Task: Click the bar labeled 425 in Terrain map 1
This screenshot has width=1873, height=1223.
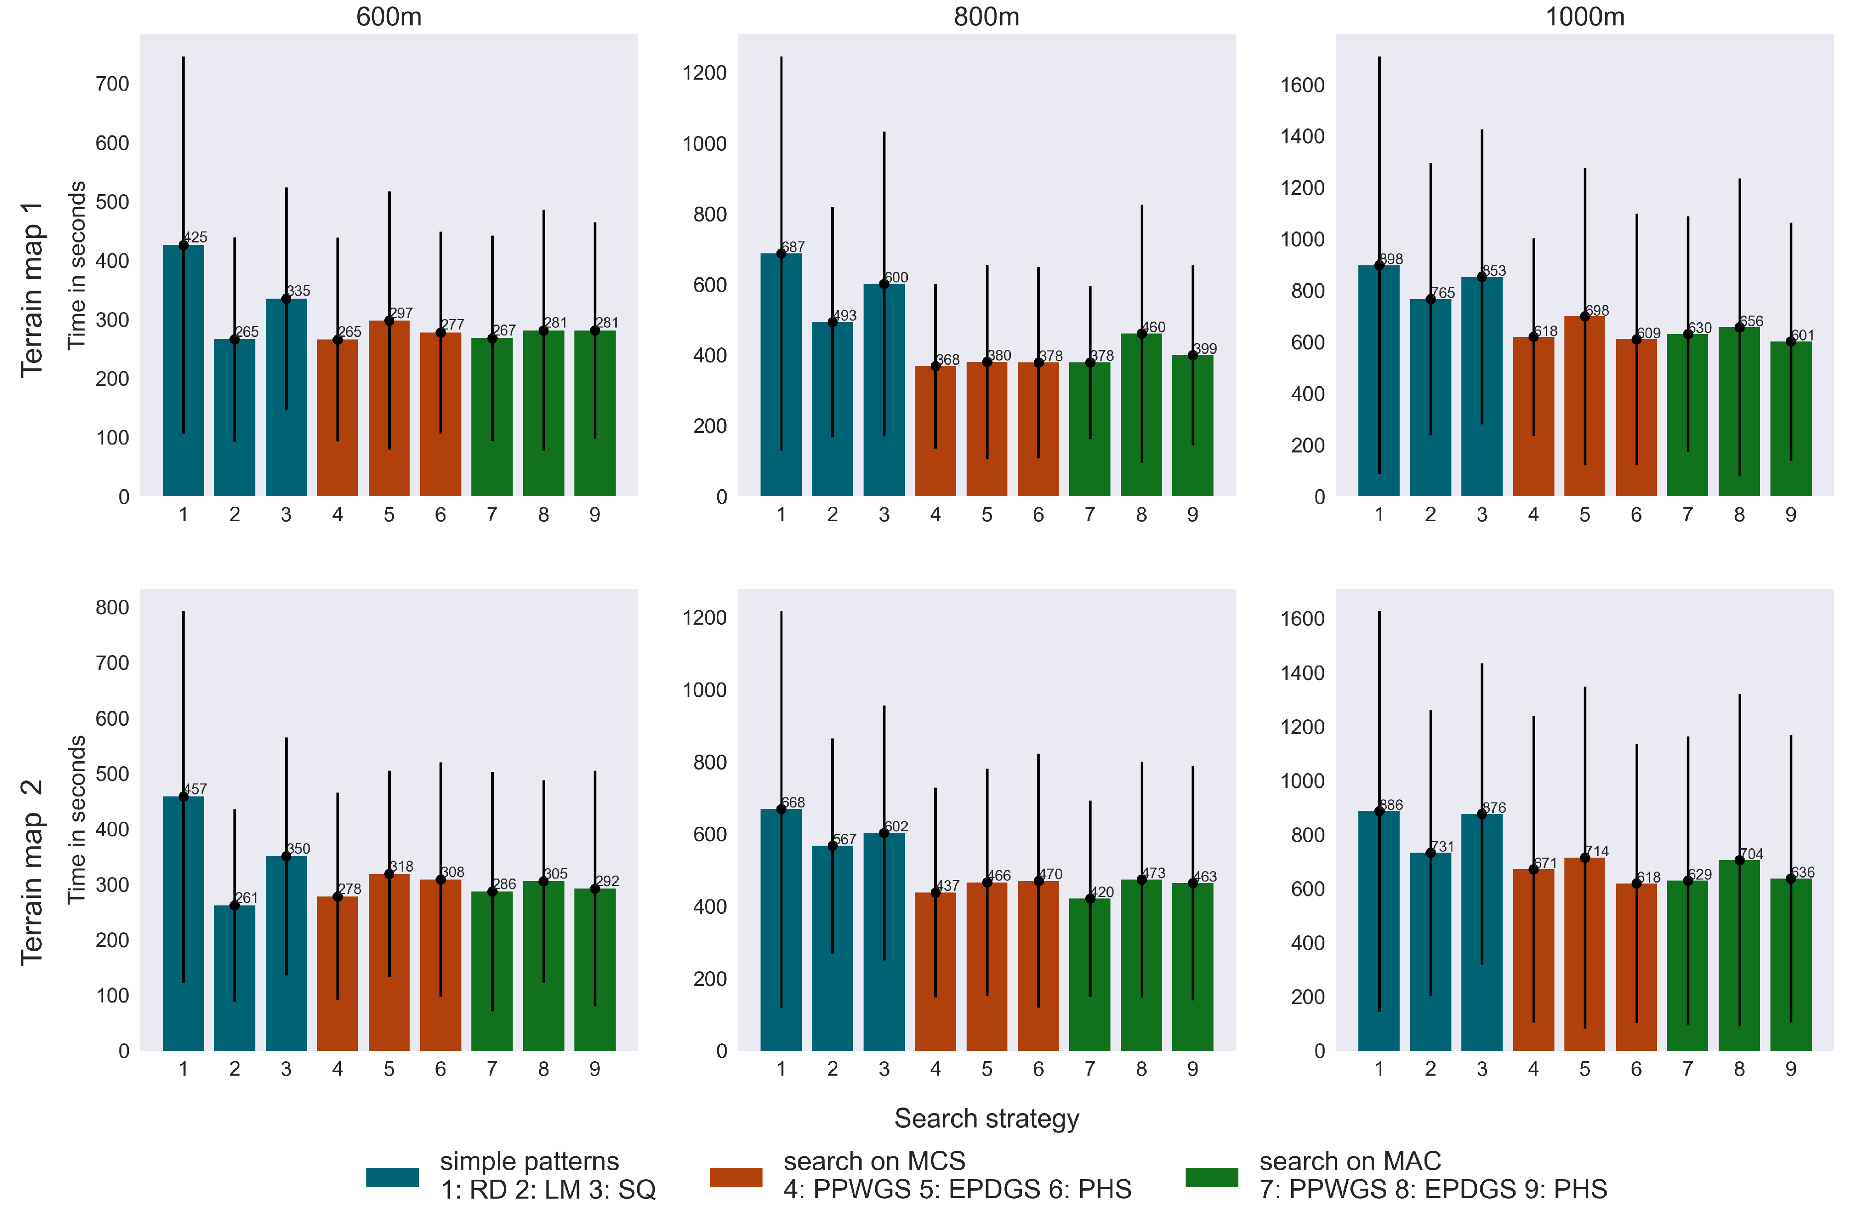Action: click(x=183, y=370)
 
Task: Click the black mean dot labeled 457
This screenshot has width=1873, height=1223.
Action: click(x=183, y=796)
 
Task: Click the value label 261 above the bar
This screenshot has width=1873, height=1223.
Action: click(x=246, y=897)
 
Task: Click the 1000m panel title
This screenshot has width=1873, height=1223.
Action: click(x=1584, y=16)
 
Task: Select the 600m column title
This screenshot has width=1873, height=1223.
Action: click(x=389, y=16)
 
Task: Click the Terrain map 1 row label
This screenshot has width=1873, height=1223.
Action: click(x=31, y=289)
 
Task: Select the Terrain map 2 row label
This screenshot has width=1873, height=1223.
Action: click(x=31, y=872)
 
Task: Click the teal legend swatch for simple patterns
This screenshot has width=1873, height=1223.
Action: click(x=392, y=1177)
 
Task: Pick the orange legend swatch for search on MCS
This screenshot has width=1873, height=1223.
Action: click(x=736, y=1177)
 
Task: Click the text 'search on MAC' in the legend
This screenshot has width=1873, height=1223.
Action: click(x=1350, y=1161)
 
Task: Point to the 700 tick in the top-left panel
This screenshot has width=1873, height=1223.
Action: click(x=112, y=84)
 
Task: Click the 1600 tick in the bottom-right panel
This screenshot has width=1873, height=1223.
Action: click(x=1303, y=619)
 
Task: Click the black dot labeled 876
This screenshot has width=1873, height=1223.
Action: click(x=1482, y=814)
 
